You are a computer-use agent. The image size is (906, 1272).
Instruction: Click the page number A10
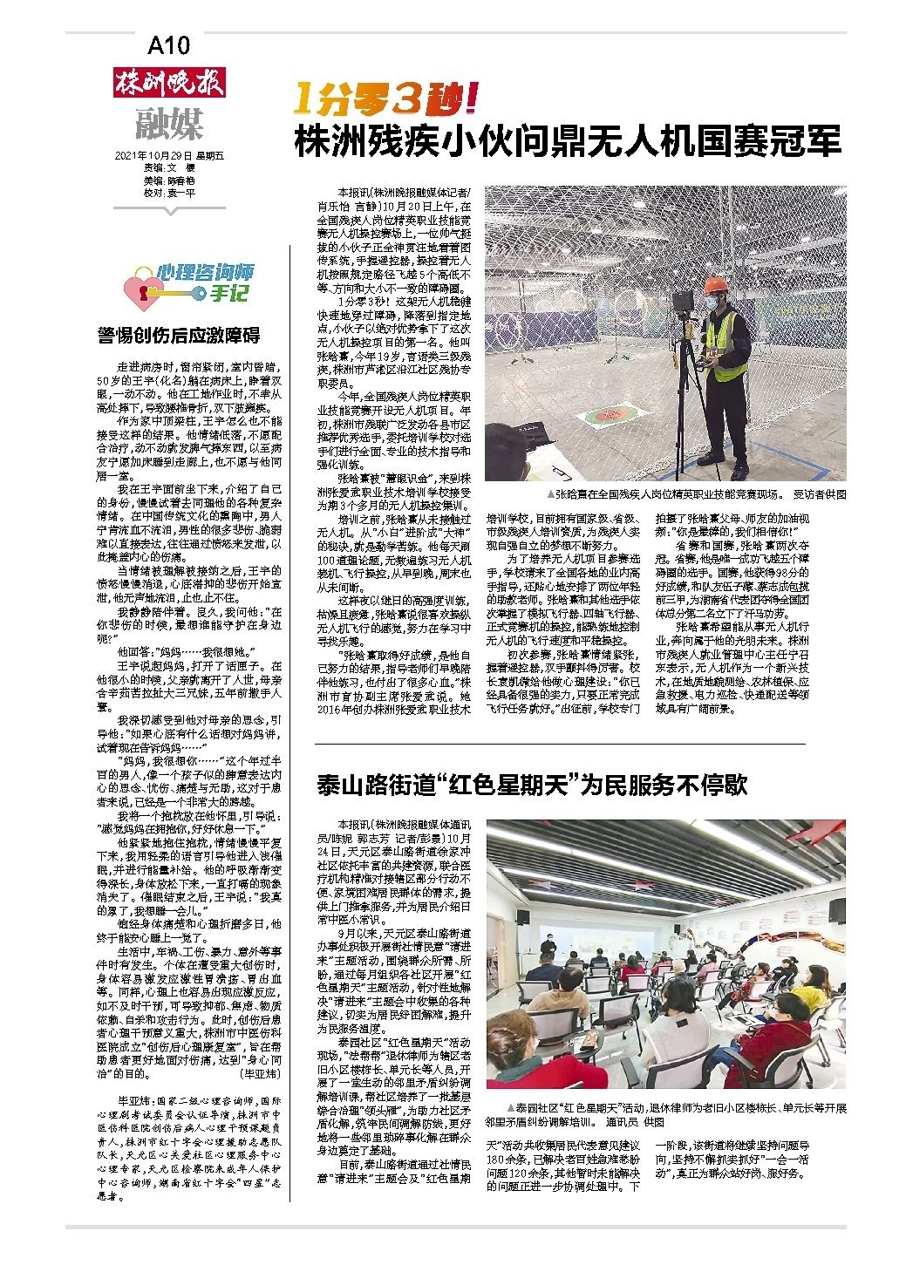coord(169,44)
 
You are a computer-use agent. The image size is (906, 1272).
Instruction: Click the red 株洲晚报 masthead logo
coord(170,83)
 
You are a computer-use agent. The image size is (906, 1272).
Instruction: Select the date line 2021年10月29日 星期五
coord(169,156)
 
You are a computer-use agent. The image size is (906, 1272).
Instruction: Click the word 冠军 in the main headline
coord(811,141)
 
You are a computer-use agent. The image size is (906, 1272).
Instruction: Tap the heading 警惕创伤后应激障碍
coord(179,337)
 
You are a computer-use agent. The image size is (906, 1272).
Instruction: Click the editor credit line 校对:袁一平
coord(169,193)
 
